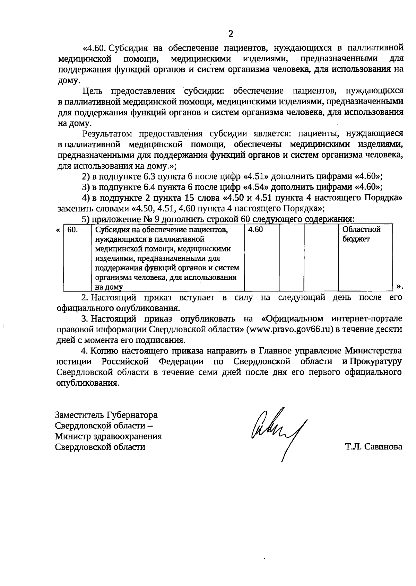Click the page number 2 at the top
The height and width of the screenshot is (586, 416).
231,34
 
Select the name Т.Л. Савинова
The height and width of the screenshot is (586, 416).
373,447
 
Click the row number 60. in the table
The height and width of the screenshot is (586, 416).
72,229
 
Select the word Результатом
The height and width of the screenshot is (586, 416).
107,133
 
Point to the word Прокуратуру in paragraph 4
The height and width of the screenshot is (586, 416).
375,361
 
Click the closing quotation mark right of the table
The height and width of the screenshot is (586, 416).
400,286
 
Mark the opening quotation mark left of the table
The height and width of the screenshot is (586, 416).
58,230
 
